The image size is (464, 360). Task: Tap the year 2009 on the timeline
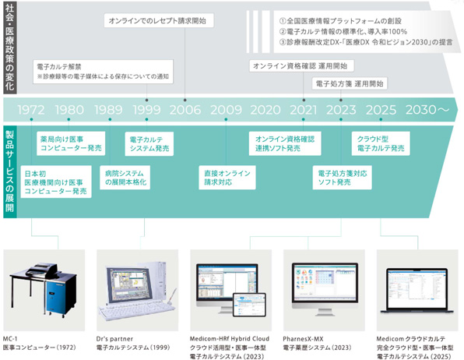[226, 110]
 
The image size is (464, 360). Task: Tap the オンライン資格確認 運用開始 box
[300, 66]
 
